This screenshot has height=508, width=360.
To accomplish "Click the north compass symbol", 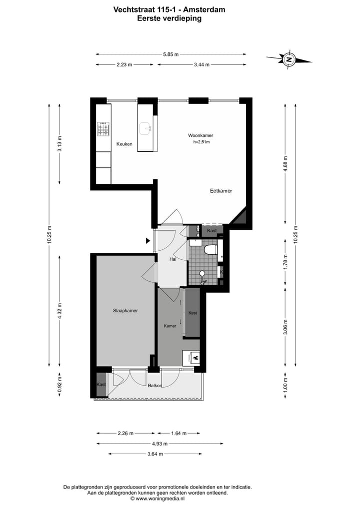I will (x=288, y=59).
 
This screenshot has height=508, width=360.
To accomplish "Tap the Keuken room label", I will (x=124, y=144).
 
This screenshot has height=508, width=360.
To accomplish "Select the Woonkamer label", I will (x=200, y=135).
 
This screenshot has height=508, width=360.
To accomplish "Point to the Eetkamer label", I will (x=221, y=191).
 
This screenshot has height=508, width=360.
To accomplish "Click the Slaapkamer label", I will (x=125, y=311).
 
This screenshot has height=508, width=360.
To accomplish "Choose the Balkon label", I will (x=154, y=386).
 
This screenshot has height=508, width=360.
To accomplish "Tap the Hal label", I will (x=173, y=259).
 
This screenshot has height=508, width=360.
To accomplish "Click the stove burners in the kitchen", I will (x=103, y=129).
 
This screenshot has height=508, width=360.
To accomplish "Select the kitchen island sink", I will (x=148, y=128).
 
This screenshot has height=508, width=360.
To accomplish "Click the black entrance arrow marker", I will (x=148, y=241).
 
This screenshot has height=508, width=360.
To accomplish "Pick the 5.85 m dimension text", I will (x=170, y=54).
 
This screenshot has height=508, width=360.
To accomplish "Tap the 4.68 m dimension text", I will (x=285, y=163).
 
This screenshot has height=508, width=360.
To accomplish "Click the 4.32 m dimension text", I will (x=59, y=311).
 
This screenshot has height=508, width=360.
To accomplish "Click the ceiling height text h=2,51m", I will (x=201, y=142).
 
